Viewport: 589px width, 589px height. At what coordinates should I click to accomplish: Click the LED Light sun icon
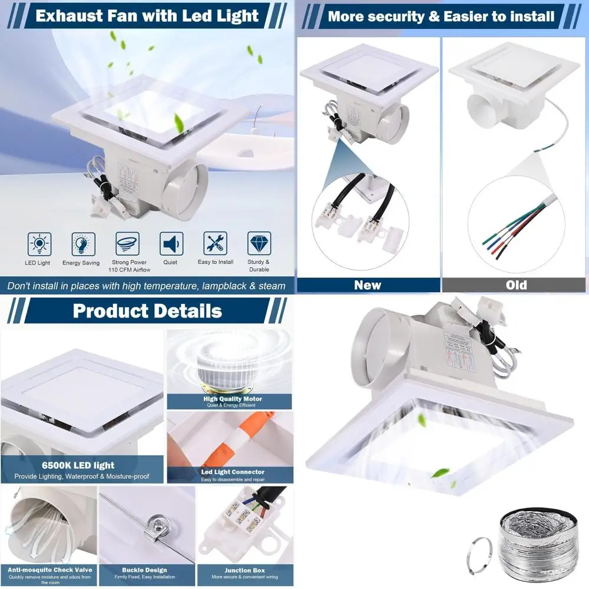[39, 244]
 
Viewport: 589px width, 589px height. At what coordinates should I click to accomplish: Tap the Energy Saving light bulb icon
[83, 244]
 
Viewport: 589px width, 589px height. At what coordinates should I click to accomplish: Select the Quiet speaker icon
[171, 244]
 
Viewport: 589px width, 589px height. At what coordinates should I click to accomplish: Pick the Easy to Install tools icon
[215, 244]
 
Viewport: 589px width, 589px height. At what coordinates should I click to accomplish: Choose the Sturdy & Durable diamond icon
[259, 244]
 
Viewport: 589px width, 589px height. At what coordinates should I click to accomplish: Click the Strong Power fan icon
[127, 243]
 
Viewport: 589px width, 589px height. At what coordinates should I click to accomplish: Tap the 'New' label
[368, 285]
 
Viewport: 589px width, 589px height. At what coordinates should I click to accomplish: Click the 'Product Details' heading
[147, 310]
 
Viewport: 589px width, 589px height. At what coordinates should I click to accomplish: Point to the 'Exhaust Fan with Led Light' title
[147, 16]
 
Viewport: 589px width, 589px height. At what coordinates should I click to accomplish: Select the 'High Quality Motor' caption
[232, 399]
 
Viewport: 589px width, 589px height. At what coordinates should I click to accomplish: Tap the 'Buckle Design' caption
[144, 570]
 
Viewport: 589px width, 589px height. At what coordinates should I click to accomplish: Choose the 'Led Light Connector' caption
[233, 472]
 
